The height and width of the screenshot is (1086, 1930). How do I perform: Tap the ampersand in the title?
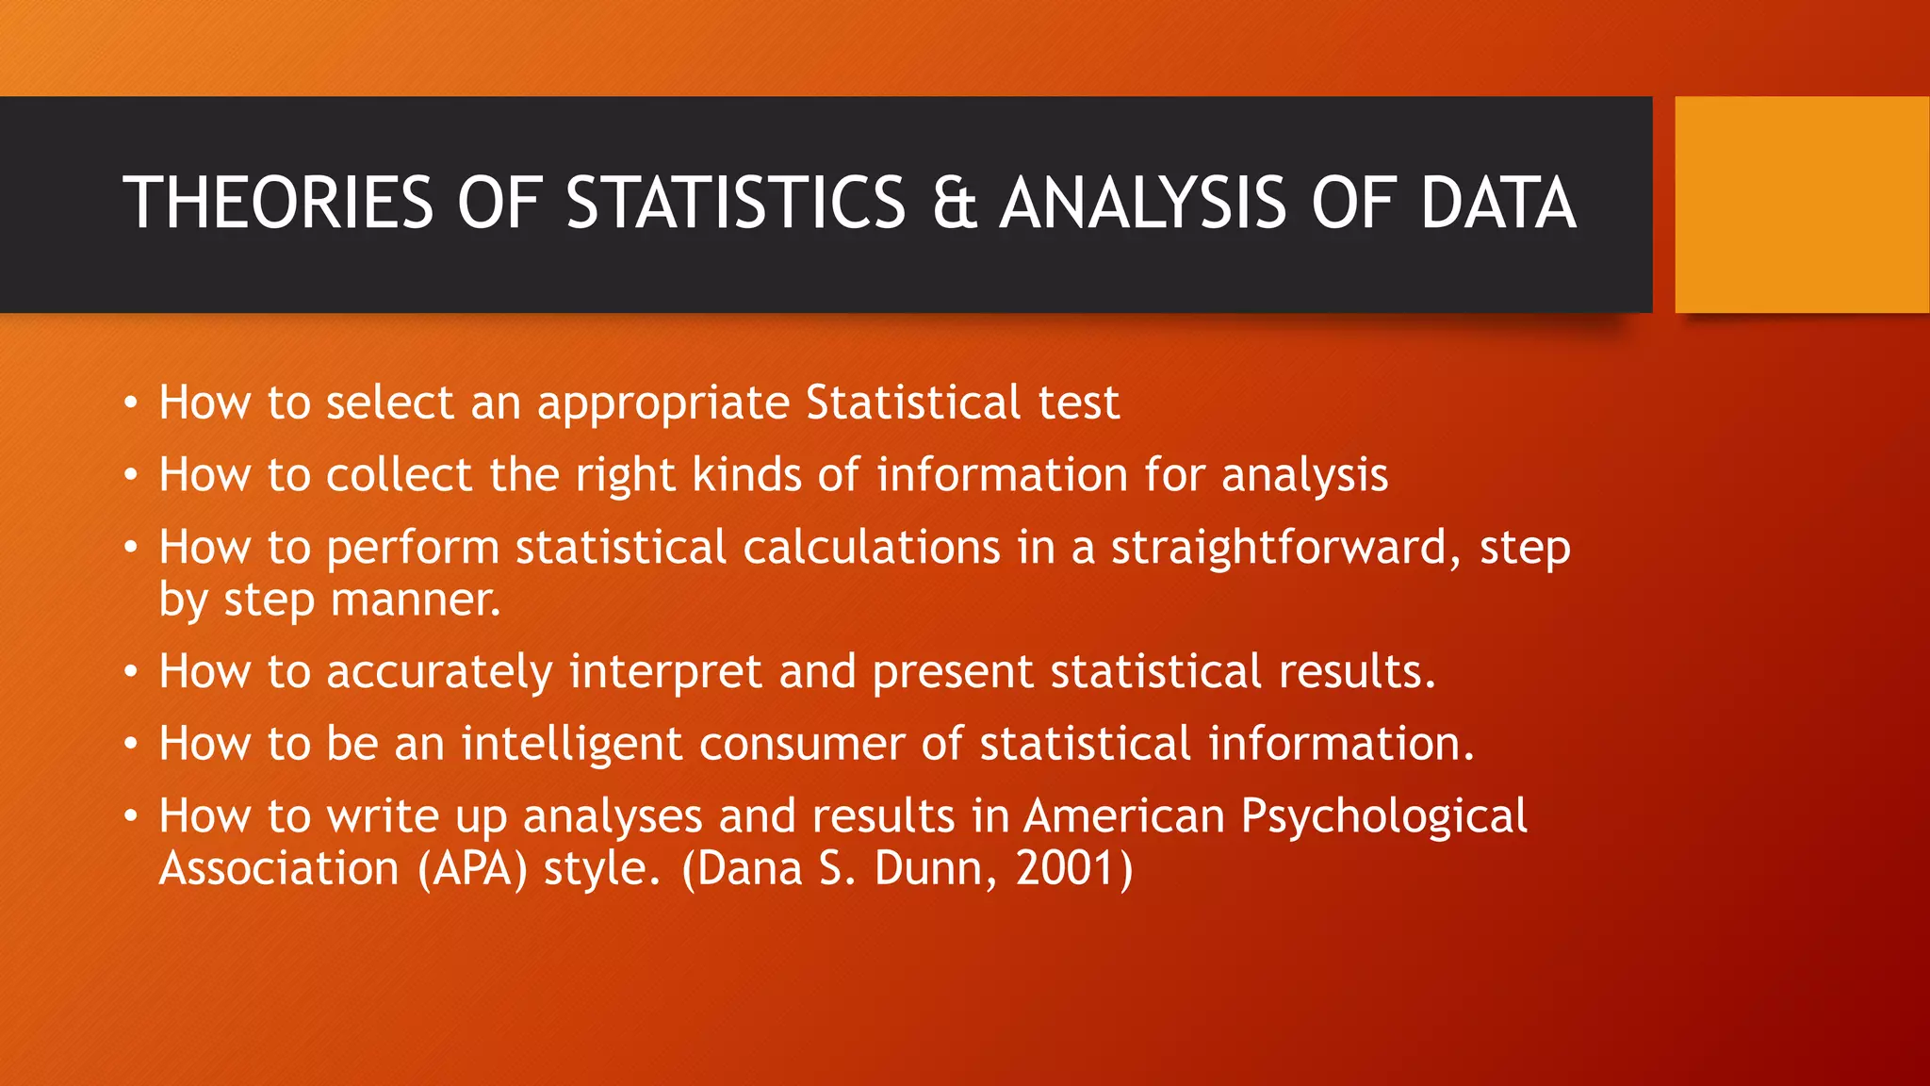point(954,203)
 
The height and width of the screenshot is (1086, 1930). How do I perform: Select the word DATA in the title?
point(1497,203)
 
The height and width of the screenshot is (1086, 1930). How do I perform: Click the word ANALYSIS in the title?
point(1142,203)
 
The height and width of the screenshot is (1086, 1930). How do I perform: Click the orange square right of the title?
point(1802,205)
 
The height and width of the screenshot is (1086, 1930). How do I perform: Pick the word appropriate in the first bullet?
point(663,404)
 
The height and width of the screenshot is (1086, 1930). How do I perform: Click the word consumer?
point(802,745)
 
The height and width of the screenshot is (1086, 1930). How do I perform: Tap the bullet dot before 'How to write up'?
point(131,817)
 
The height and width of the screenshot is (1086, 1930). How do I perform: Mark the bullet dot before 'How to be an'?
point(131,745)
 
